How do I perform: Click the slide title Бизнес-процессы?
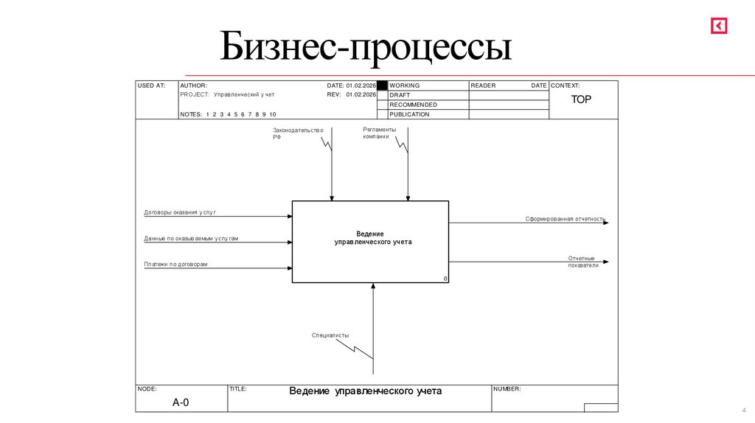(365, 48)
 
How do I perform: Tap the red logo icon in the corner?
(719, 26)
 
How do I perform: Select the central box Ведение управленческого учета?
(370, 242)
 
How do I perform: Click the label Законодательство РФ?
(298, 133)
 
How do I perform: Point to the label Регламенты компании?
(379, 133)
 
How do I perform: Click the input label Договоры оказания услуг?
(180, 212)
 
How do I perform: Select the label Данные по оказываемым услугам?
(191, 239)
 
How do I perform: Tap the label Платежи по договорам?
(175, 264)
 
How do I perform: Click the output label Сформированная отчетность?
(566, 219)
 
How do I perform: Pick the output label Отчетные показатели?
(582, 261)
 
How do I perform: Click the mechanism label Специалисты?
(330, 335)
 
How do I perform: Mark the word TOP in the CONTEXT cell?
(581, 99)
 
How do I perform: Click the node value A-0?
(181, 402)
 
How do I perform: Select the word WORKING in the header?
(404, 85)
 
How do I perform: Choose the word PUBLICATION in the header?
(409, 114)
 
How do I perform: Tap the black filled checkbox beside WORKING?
(382, 85)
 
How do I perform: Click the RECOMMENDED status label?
(413, 105)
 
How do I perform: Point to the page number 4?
(744, 410)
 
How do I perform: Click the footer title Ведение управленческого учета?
(365, 391)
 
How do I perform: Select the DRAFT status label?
(400, 95)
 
